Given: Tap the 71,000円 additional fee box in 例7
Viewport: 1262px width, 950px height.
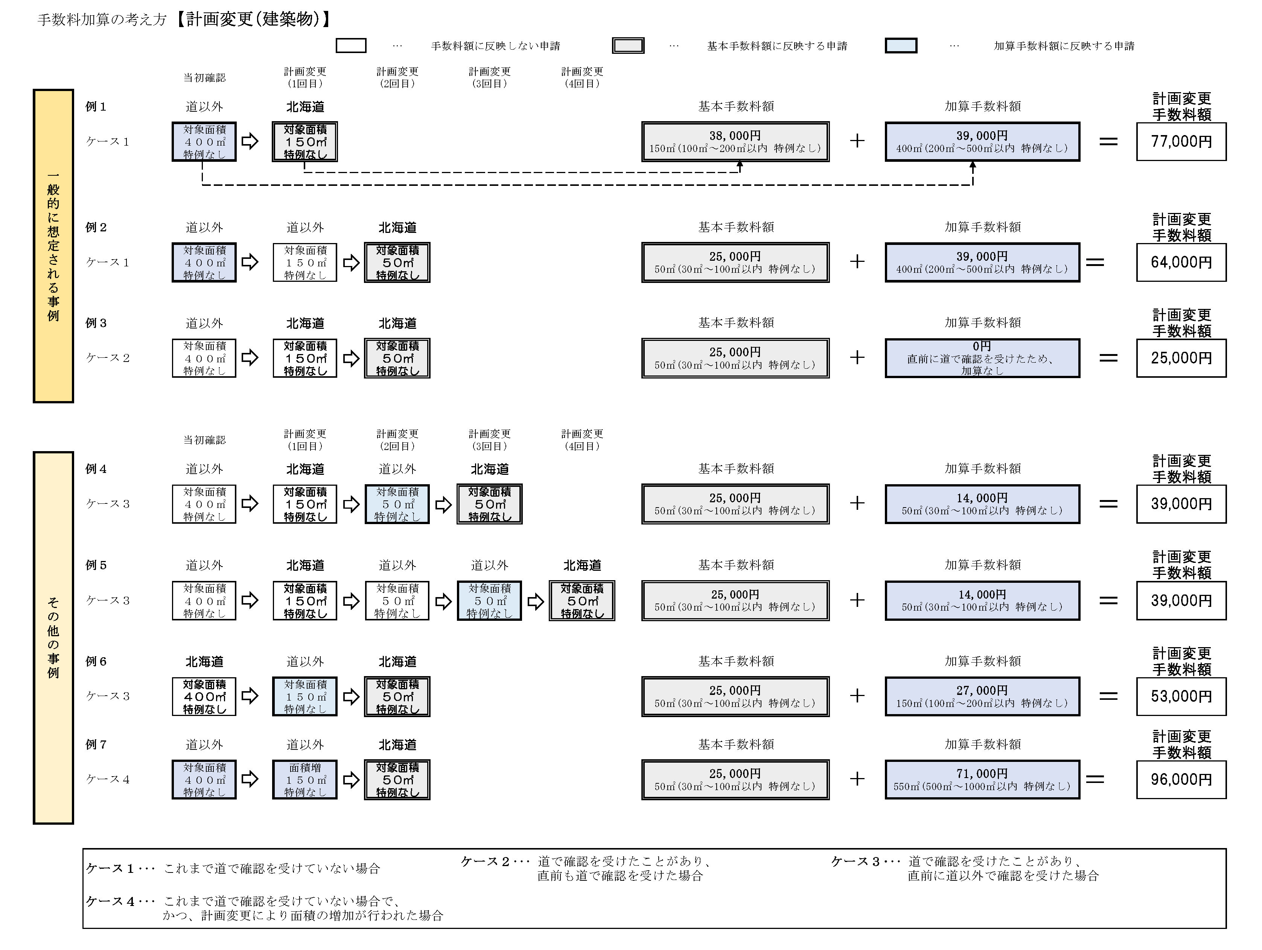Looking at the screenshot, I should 982,779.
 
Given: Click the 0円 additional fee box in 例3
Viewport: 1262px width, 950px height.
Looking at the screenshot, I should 982,358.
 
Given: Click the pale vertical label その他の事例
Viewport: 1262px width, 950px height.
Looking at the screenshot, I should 53,637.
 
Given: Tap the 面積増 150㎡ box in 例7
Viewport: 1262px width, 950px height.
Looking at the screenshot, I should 304,779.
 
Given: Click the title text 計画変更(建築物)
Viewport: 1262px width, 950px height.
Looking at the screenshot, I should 252,20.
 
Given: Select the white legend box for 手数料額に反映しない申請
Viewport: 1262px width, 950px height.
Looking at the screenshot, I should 351,46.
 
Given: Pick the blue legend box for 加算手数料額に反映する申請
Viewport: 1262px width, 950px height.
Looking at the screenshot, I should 901,46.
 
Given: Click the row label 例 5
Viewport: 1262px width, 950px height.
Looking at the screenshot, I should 96,565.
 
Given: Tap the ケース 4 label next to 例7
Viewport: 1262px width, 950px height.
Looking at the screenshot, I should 108,779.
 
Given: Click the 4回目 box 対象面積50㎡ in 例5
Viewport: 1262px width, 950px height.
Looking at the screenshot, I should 582,600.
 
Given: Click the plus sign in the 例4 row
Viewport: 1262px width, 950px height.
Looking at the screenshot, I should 857,503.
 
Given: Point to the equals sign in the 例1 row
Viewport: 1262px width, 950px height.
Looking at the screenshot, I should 1108,141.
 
